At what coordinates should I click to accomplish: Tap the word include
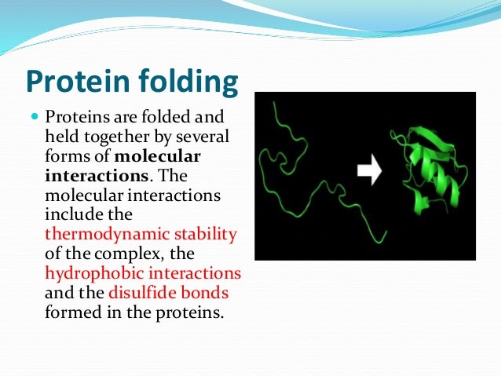71,214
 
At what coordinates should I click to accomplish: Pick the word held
61,137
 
